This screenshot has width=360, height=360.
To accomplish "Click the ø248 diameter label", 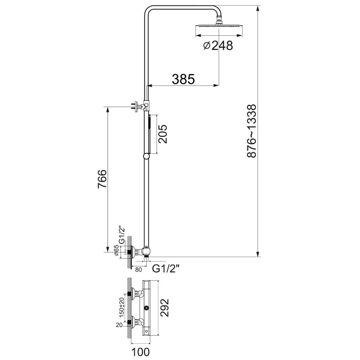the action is tap(218, 45).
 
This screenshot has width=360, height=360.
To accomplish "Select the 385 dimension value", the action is tap(183, 79).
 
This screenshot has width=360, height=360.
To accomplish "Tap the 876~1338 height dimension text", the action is tap(252, 131).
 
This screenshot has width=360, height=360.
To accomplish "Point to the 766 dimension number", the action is tap(102, 179).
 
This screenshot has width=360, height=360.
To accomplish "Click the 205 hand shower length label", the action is tap(162, 134).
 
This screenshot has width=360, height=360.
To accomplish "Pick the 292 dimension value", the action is tap(164, 308).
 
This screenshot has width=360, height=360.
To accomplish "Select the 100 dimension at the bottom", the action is tap(140, 352).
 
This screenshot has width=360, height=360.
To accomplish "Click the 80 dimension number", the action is tap(139, 270).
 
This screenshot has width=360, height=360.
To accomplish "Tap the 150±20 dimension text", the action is tap(121, 307).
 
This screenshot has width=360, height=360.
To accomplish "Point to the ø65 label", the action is tap(117, 251).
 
